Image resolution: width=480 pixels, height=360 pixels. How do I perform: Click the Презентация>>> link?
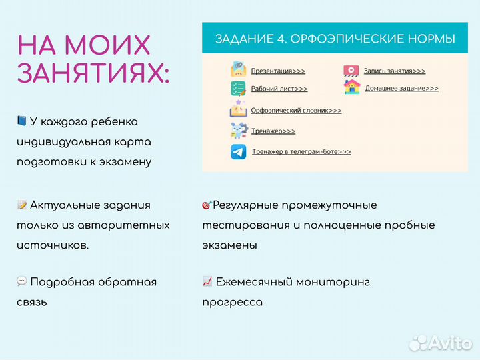(x=278, y=71)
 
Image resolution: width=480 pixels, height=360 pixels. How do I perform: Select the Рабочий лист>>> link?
(x=279, y=89)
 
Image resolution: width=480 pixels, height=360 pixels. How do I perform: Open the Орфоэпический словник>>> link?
(x=296, y=111)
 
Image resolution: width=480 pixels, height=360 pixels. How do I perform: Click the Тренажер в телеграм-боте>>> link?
(x=301, y=152)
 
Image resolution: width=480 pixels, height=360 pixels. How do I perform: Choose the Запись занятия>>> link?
(x=394, y=71)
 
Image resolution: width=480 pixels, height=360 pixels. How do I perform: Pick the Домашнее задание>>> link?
(x=401, y=88)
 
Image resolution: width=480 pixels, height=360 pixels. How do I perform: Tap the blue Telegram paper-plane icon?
(x=238, y=151)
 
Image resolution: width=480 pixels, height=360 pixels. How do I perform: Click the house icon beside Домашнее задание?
(x=351, y=87)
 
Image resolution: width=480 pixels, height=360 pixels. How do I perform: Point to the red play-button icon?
(x=351, y=71)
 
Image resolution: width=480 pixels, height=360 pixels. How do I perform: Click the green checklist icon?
(x=238, y=89)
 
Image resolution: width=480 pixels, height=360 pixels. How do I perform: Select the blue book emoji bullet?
(x=21, y=121)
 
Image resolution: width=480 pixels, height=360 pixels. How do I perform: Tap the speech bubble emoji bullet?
(x=21, y=282)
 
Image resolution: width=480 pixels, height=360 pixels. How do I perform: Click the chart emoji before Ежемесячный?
(x=207, y=282)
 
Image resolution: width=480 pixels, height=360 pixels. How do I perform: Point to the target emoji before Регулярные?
(x=207, y=205)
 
